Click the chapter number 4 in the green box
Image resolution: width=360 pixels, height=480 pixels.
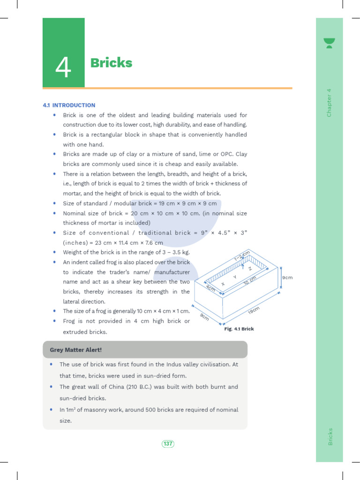point(63,67)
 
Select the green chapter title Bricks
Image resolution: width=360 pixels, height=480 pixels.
point(111,63)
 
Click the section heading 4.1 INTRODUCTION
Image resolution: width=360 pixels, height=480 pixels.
point(69,105)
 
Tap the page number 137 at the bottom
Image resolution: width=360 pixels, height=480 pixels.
point(168,443)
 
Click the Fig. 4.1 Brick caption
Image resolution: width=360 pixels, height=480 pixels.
point(239,329)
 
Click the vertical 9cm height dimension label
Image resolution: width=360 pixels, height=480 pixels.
point(287,277)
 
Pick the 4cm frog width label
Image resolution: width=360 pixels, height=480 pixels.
point(210,288)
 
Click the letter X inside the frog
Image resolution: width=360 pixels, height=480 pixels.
point(223,285)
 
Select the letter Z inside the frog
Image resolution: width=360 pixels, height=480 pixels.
point(250,269)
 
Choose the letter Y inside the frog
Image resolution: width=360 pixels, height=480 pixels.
point(234,277)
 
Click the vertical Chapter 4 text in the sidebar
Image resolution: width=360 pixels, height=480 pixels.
point(329,103)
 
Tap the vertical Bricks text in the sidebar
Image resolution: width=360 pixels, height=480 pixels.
point(330,436)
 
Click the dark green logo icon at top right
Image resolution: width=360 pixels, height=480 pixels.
point(329,43)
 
